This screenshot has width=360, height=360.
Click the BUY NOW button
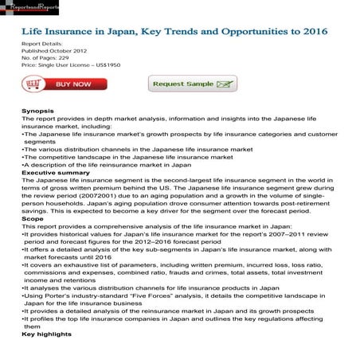[64, 84]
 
